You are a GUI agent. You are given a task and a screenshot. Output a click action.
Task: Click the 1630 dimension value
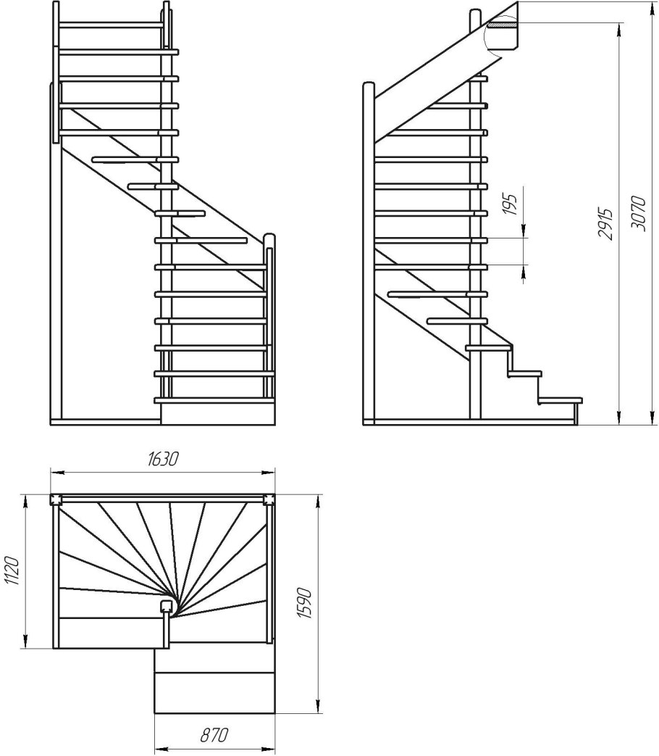(162, 458)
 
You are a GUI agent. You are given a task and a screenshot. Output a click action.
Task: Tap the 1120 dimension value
(12, 571)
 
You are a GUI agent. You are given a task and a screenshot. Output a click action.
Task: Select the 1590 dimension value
(305, 603)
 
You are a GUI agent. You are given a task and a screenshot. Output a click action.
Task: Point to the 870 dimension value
(214, 735)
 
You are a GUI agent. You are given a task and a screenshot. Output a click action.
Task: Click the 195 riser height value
(511, 204)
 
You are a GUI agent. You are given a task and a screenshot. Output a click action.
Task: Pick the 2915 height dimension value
(605, 224)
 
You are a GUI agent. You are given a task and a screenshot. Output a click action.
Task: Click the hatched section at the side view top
(503, 23)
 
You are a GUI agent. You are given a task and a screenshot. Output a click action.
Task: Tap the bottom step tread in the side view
(561, 400)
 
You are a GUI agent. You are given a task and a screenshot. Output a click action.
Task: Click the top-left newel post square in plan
(56, 499)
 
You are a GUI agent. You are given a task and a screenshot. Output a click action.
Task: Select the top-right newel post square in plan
(269, 499)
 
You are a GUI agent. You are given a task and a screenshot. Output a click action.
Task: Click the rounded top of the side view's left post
(369, 85)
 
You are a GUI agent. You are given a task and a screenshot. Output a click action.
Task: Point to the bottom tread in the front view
(214, 400)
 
